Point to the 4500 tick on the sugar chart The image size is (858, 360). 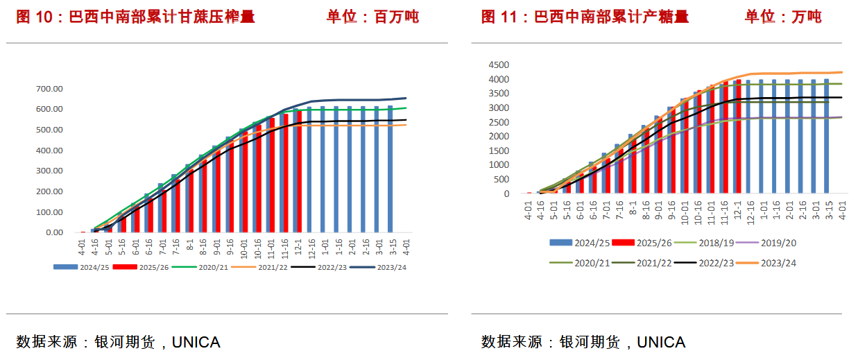497,65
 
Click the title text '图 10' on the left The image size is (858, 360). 35,17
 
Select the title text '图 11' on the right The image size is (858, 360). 499,17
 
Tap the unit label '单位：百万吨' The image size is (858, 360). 372,17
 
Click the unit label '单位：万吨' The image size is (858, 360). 783,17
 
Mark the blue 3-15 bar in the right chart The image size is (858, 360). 826,136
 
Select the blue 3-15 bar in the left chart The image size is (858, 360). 390,169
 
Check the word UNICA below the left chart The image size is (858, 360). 196,342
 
